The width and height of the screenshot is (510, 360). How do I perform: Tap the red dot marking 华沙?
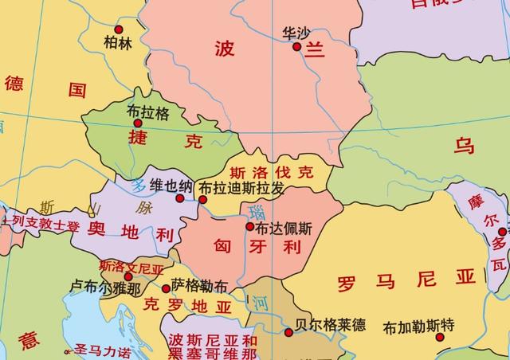296,47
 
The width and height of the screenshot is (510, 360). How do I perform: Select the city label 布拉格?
148,112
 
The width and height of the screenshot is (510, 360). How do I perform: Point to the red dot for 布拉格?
137,123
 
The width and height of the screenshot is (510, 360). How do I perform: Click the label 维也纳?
171,186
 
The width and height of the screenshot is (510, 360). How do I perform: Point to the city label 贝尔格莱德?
329,325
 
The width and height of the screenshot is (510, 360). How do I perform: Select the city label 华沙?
296,33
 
